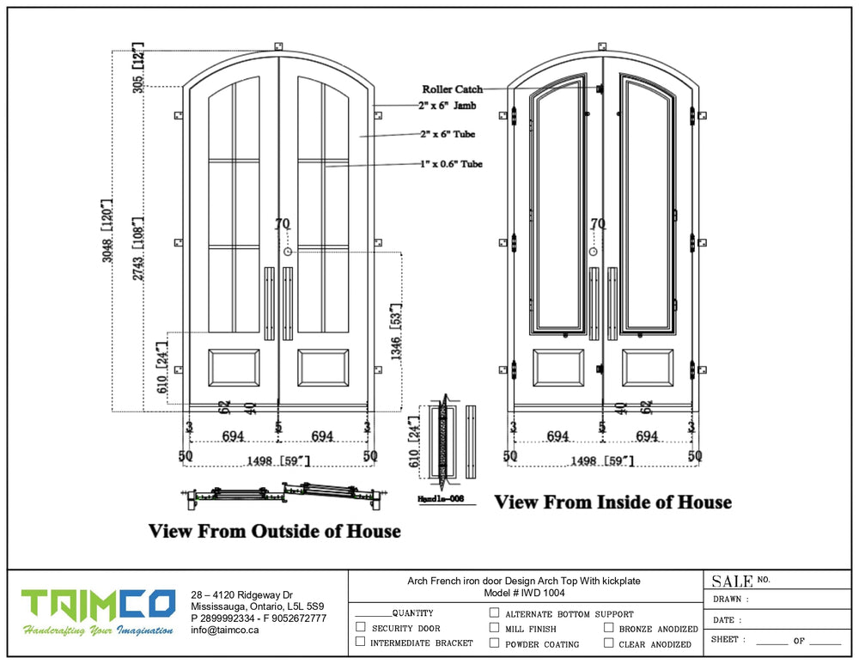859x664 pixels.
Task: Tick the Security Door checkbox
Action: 361,628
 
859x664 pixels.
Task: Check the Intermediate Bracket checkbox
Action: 361,643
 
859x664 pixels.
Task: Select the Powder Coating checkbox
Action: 495,643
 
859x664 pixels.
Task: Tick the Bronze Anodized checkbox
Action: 608,628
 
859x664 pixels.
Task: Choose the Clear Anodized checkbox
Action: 608,643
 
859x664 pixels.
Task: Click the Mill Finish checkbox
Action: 495,628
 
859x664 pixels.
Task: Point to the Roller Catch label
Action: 452,88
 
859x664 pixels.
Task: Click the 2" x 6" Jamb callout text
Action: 447,106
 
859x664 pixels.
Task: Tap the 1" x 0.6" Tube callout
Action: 451,164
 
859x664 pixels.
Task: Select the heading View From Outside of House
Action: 275,531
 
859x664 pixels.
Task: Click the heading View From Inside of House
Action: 612,502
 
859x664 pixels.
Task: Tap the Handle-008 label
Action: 440,498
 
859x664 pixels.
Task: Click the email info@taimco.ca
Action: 224,630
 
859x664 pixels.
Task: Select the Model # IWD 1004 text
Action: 524,593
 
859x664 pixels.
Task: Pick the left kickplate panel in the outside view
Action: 234,368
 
